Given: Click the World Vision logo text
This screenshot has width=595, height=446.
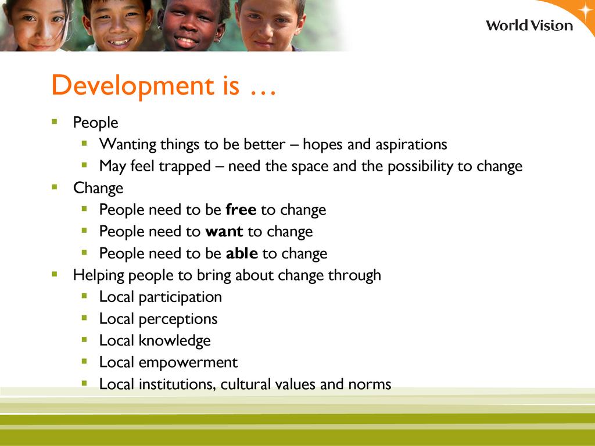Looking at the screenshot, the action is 529,26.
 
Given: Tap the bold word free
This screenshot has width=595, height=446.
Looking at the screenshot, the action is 241,209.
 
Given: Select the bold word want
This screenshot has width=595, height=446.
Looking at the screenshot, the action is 224,231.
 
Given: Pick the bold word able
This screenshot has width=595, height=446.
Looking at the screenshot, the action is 242,253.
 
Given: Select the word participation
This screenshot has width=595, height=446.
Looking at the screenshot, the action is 180,297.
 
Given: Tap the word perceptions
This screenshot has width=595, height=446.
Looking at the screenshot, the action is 178,319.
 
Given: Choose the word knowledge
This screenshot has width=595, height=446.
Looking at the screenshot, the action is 174,341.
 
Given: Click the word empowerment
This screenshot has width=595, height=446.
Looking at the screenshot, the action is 188,362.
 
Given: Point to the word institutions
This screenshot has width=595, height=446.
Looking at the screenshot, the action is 177,384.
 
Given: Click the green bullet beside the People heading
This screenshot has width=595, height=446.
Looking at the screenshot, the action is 55,122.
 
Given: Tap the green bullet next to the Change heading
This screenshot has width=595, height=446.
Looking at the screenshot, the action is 55,187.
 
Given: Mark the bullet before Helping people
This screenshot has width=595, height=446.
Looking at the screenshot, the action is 55,274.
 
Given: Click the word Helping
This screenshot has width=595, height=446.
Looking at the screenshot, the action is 99,275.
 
